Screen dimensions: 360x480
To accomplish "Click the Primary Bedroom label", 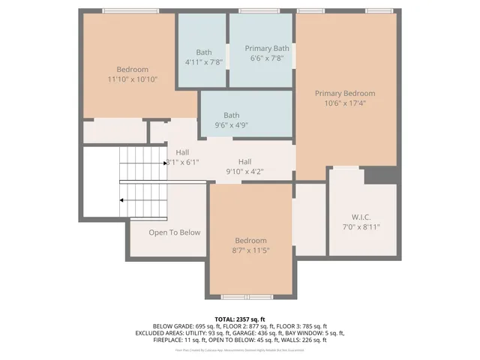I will point(344,93).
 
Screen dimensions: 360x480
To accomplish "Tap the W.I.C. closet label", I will point(361,217).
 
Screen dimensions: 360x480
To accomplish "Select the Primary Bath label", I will point(267,48).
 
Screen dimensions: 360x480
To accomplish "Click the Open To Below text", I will point(174,232).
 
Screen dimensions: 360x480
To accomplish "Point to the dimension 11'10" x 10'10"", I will point(132,79).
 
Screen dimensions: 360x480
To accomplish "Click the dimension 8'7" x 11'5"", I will point(250,250).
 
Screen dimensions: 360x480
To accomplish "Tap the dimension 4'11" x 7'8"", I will point(204,62).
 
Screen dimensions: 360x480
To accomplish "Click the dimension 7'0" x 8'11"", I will point(361,226).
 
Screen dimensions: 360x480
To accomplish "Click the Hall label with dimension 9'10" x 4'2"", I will point(245,161).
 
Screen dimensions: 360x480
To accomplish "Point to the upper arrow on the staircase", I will point(166,162).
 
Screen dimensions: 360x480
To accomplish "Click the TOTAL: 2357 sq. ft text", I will point(239,318).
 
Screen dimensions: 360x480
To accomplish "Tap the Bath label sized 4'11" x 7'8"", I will point(204,52).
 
